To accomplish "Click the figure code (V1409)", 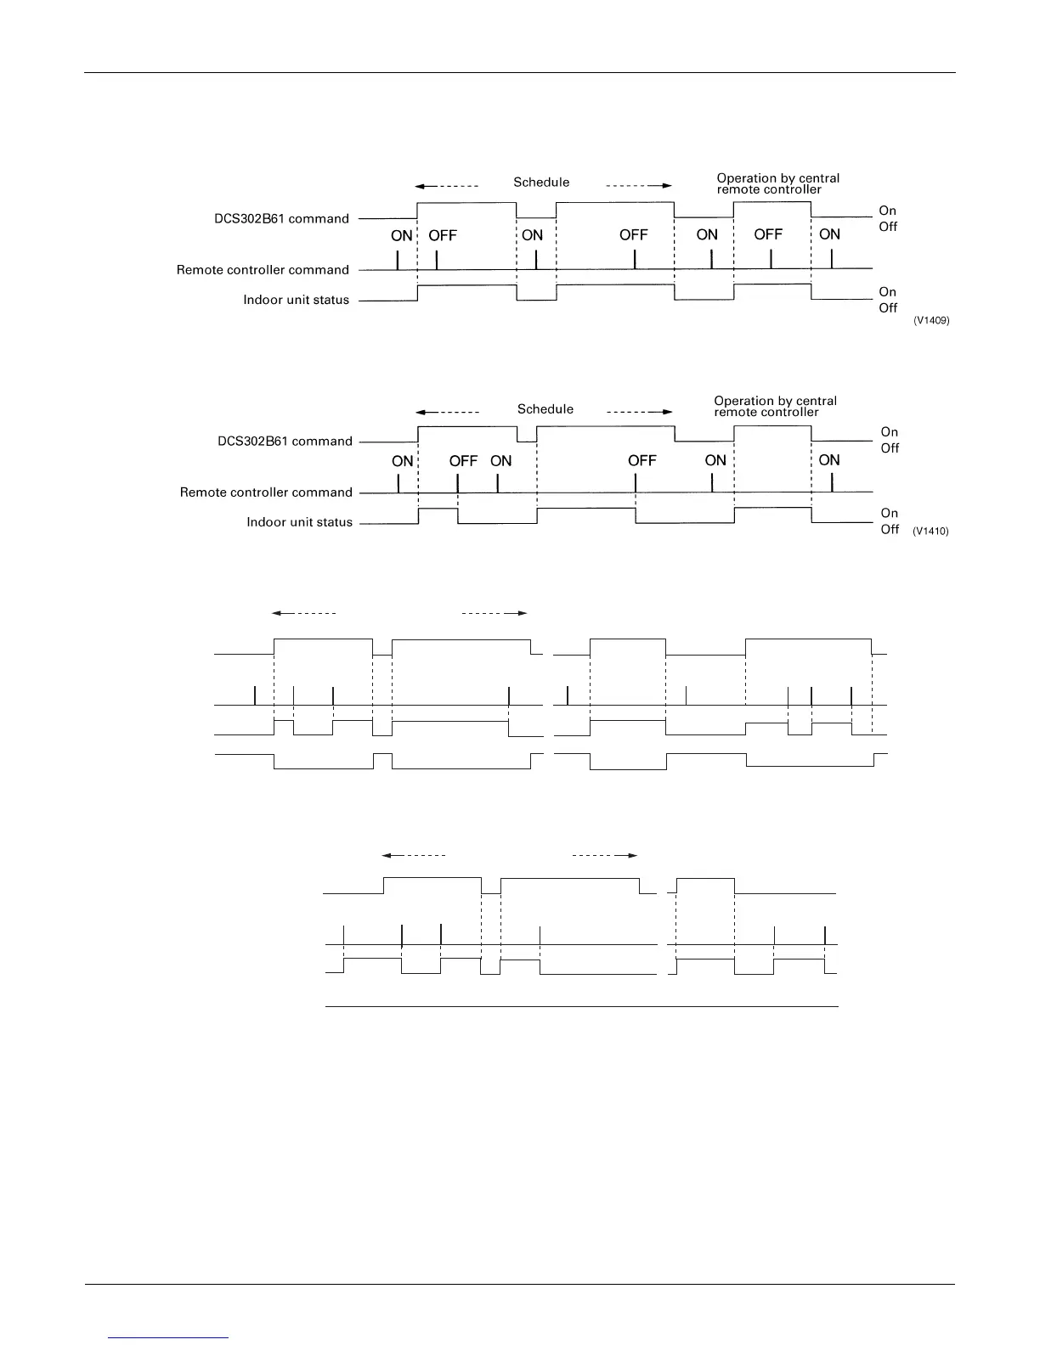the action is pyautogui.click(x=931, y=321).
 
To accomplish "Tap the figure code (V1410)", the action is pyautogui.click(x=930, y=532).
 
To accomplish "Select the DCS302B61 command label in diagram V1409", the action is pyautogui.click(x=281, y=219).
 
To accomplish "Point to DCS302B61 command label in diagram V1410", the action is pyautogui.click(x=285, y=442).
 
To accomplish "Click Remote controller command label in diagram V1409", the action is pyautogui.click(x=263, y=270).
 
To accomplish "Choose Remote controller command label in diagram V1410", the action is pyautogui.click(x=266, y=492).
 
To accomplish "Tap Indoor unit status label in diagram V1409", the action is pyautogui.click(x=296, y=300).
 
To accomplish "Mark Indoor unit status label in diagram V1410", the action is pyautogui.click(x=299, y=522).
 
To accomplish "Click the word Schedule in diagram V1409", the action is pyautogui.click(x=541, y=183).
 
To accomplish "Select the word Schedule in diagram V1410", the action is pyautogui.click(x=545, y=409).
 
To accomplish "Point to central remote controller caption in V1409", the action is pyautogui.click(x=777, y=183).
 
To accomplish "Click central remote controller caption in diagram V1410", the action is pyautogui.click(x=775, y=407).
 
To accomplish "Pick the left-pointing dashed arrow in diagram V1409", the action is pyautogui.click(x=447, y=186).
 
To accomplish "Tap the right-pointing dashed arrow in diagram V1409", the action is pyautogui.click(x=639, y=186).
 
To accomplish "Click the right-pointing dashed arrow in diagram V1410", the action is pyautogui.click(x=639, y=413).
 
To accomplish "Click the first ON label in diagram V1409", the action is pyautogui.click(x=402, y=235).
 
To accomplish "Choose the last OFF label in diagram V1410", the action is pyautogui.click(x=642, y=460).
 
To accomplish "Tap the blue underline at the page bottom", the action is pyautogui.click(x=169, y=1338).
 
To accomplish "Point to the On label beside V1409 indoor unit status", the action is pyautogui.click(x=887, y=292).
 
